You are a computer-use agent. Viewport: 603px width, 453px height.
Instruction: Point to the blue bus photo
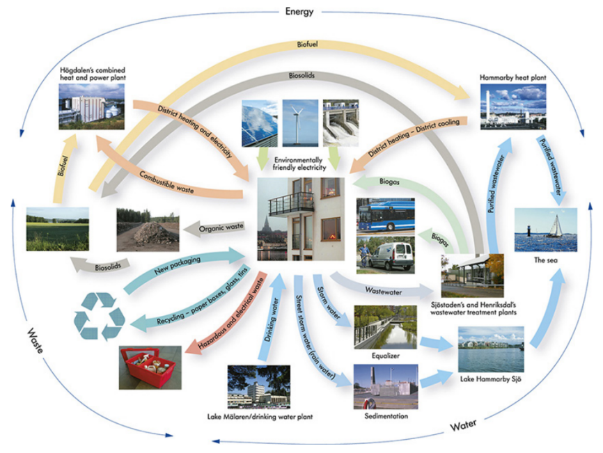pos(385,215)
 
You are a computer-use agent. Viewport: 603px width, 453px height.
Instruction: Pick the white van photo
pos(385,255)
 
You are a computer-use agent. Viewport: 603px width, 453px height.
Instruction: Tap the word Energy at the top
pos(299,11)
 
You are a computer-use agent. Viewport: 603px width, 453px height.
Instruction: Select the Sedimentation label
pos(385,417)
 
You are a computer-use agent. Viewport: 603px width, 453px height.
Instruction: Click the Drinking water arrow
pos(272,320)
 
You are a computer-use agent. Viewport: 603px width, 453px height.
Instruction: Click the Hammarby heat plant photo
pos(513,106)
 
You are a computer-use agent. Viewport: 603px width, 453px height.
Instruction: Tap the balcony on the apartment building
pos(291,202)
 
